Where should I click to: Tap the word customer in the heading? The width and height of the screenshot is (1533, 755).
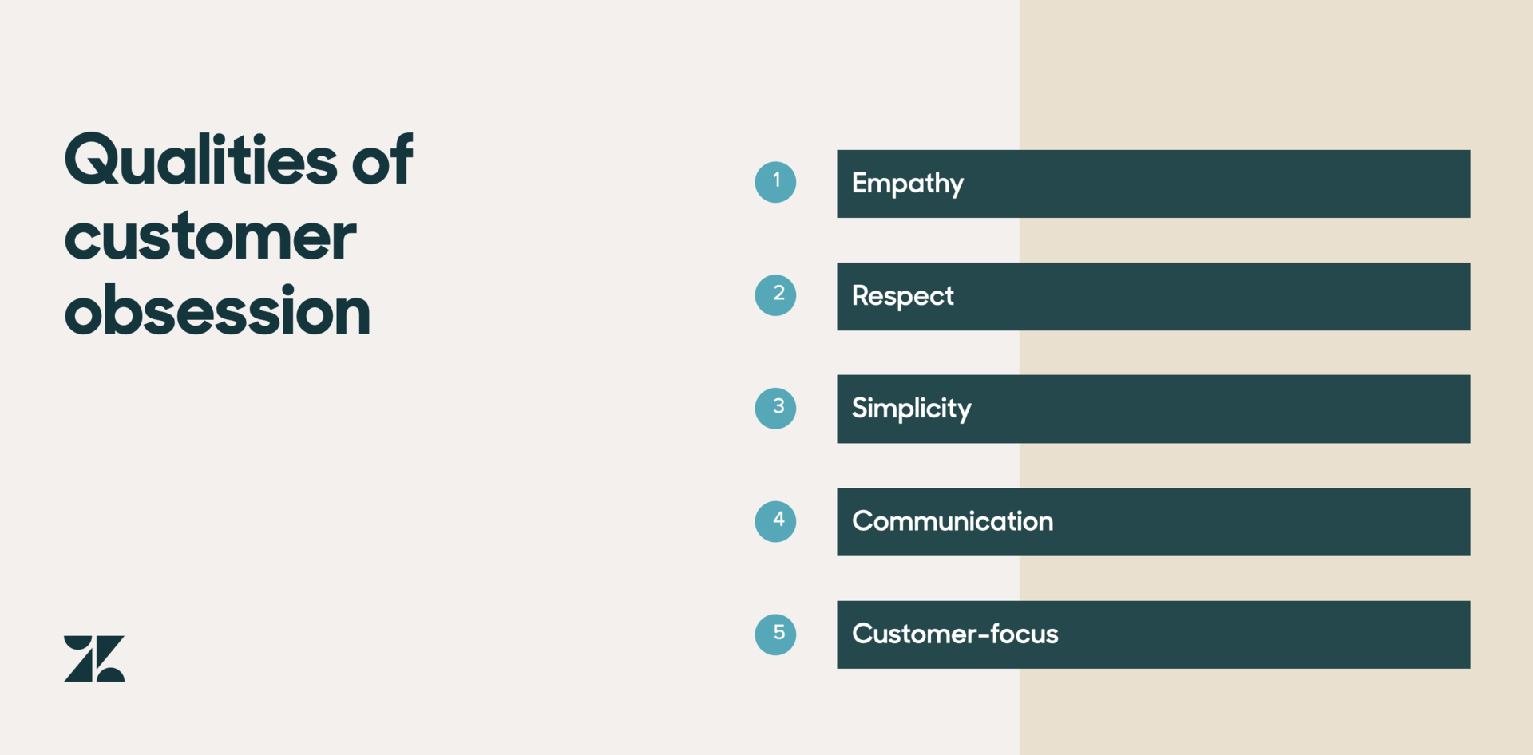tap(210, 237)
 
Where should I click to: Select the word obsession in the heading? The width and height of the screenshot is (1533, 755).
tap(217, 311)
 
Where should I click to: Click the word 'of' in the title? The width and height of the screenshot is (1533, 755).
tap(382, 160)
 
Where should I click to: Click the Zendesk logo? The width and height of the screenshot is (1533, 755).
tap(94, 658)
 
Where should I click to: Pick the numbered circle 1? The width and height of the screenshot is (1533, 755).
tap(775, 182)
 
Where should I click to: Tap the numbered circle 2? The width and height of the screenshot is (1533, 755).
tap(775, 295)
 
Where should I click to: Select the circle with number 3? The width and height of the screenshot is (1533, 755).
tap(775, 408)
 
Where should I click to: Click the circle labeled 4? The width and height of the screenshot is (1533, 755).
tap(775, 521)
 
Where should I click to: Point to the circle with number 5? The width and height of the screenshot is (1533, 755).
tap(775, 634)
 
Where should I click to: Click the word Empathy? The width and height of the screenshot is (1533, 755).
tap(908, 184)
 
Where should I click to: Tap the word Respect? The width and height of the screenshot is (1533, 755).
tap(903, 297)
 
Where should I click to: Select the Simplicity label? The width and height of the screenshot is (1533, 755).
tap(912, 409)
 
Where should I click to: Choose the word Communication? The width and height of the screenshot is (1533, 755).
tap(953, 521)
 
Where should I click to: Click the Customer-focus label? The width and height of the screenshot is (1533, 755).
tap(955, 634)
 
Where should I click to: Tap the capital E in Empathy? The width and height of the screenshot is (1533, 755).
tap(859, 183)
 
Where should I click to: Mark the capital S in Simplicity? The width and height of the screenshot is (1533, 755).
tap(860, 408)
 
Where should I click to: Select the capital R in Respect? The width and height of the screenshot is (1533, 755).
tap(860, 295)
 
